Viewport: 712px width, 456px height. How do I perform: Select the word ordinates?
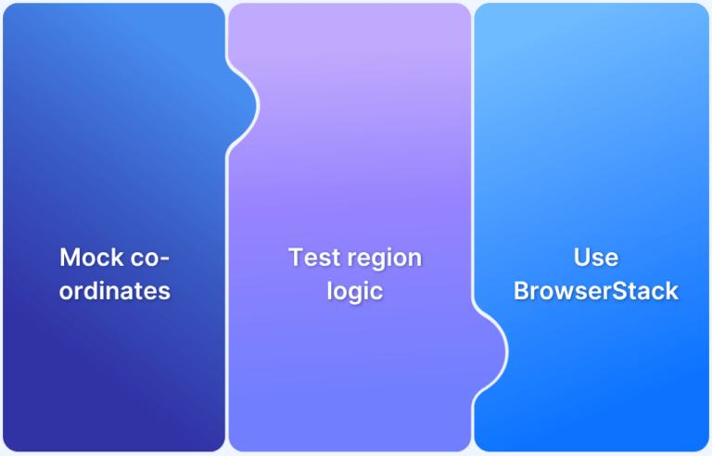coord(115,290)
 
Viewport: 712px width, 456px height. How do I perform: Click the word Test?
coord(314,257)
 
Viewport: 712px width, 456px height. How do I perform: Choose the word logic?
coord(355,290)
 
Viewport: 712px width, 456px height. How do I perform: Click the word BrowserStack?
coord(596,290)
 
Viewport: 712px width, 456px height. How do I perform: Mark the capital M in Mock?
coord(70,257)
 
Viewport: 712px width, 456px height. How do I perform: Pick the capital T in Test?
coord(296,257)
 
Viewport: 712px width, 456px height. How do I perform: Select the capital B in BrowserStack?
coord(521,290)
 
